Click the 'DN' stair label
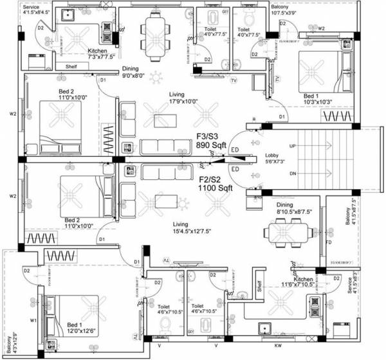point(293,174)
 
